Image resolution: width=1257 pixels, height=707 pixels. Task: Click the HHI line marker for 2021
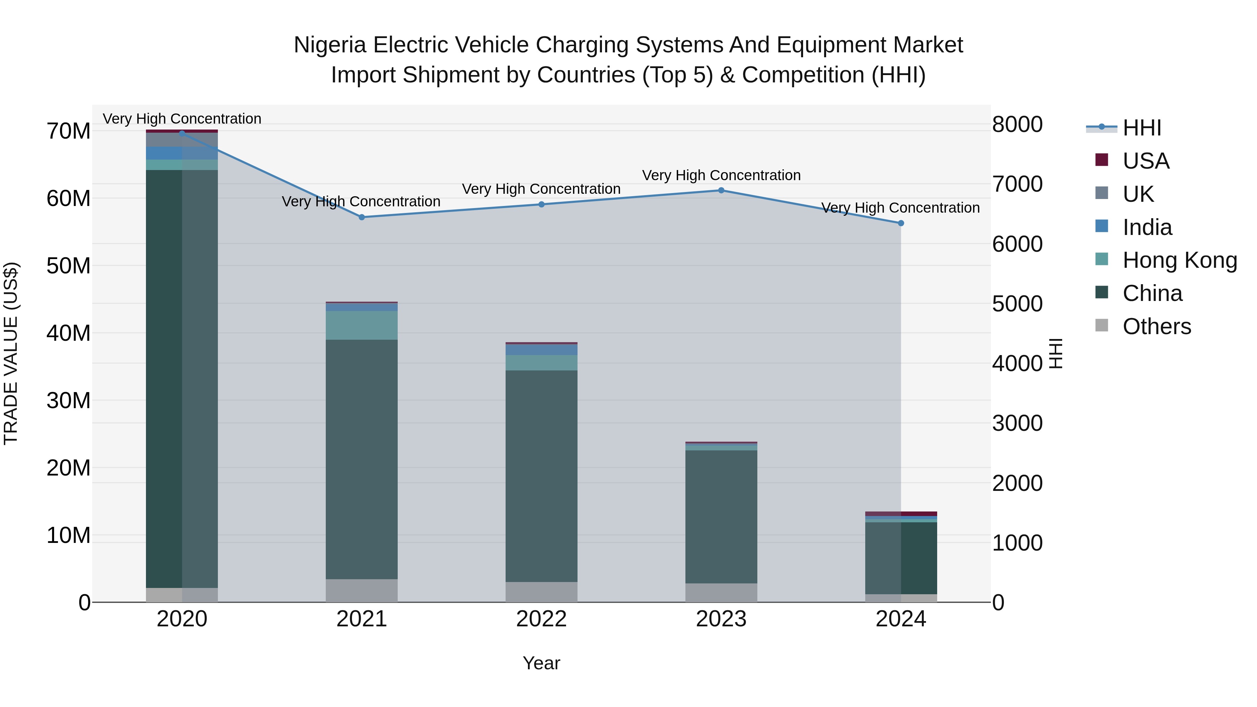(x=362, y=217)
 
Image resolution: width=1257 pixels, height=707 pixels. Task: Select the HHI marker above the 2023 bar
(x=721, y=190)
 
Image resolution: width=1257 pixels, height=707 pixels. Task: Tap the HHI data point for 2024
(x=901, y=223)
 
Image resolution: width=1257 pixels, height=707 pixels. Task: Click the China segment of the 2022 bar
(x=541, y=476)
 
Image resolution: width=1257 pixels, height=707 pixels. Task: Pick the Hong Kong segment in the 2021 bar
(x=362, y=325)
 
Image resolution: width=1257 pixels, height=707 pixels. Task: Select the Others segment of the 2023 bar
(x=721, y=592)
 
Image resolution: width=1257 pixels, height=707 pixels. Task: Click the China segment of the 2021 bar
(x=362, y=459)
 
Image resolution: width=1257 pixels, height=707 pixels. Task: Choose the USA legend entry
(x=1145, y=161)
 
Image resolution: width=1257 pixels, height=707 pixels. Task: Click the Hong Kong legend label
(x=1179, y=260)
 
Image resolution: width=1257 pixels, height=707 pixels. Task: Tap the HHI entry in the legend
(x=1141, y=128)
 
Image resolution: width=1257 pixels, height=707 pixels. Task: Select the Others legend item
(x=1156, y=326)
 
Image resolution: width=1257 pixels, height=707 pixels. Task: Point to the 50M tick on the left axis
(x=68, y=266)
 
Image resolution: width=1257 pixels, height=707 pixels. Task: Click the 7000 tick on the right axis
(x=1017, y=184)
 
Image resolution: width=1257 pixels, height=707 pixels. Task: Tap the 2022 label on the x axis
(x=541, y=619)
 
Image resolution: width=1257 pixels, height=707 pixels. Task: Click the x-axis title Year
(x=541, y=663)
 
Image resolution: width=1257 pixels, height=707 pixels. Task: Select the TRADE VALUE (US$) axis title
(x=11, y=353)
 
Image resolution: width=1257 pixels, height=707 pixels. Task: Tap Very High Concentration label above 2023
(x=721, y=175)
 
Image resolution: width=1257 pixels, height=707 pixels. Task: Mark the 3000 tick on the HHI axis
(x=1017, y=423)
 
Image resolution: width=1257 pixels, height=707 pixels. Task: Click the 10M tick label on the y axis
(x=68, y=535)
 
